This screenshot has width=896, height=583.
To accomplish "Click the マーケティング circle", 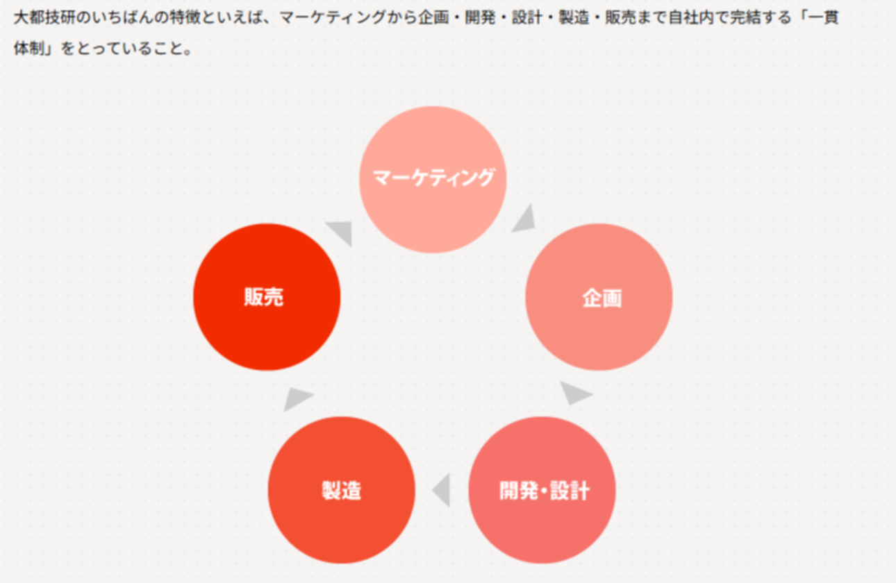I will click(x=433, y=179).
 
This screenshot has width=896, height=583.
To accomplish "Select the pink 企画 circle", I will click(x=599, y=297).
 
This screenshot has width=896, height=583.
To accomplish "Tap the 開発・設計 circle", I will click(x=542, y=490).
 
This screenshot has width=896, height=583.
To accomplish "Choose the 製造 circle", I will click(x=342, y=490).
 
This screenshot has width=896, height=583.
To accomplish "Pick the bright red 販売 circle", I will click(x=267, y=297).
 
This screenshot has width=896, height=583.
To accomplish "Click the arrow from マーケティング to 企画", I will click(x=524, y=219).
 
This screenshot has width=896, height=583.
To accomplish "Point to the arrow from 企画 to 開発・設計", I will click(x=574, y=394).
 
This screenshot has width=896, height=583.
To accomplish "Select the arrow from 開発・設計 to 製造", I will click(x=442, y=490).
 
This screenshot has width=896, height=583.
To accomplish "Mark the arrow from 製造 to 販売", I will click(x=297, y=398).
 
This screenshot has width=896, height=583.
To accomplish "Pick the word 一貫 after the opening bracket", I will click(x=824, y=17).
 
